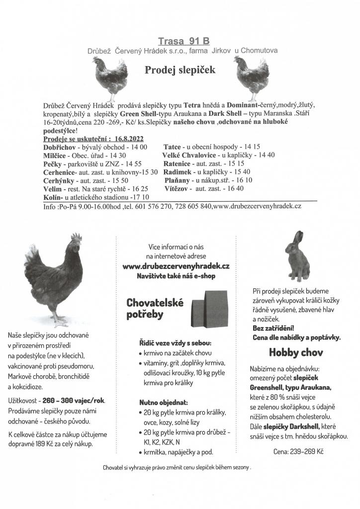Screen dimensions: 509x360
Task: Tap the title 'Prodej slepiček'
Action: (x=180, y=70)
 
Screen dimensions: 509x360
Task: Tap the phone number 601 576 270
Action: (x=150, y=206)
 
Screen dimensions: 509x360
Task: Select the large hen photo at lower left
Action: (x=55, y=278)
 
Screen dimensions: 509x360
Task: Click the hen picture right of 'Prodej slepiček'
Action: (x=251, y=77)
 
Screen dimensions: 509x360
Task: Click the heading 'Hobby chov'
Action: (x=296, y=353)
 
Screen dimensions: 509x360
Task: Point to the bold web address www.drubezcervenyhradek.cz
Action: (x=176, y=266)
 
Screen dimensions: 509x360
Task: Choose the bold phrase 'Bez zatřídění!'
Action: (x=273, y=328)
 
